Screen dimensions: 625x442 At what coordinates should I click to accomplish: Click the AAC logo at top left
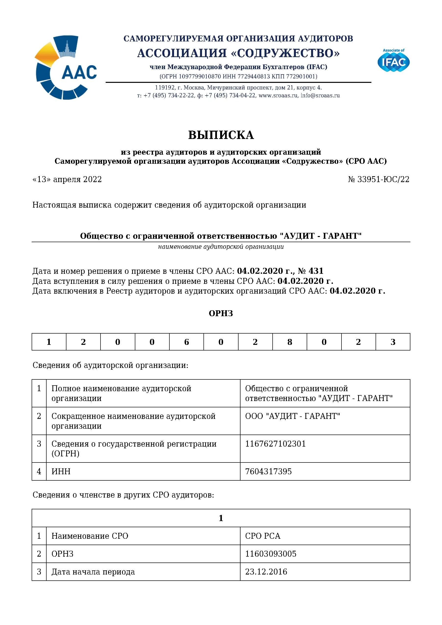[66, 67]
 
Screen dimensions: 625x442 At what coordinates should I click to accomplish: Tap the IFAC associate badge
[393, 61]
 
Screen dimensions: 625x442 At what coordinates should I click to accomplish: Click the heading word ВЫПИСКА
[221, 135]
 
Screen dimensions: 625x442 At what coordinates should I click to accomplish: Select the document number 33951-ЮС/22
[383, 179]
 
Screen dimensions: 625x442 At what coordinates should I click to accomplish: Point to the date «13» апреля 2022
[67, 179]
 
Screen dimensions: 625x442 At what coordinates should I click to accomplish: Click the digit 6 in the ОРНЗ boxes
[186, 342]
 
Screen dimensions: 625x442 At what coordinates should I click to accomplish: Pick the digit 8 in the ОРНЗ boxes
[290, 342]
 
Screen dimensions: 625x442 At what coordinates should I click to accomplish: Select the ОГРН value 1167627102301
[275, 444]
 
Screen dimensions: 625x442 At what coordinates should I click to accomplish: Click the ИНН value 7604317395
[268, 472]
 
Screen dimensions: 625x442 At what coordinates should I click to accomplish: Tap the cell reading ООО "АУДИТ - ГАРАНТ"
[292, 416]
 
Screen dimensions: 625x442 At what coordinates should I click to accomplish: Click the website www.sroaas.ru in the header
[278, 96]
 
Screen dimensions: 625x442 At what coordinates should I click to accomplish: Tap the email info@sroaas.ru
[320, 96]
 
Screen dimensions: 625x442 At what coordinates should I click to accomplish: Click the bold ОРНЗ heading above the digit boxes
[221, 313]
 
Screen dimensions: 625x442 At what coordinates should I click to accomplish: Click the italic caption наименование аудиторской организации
[221, 247]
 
